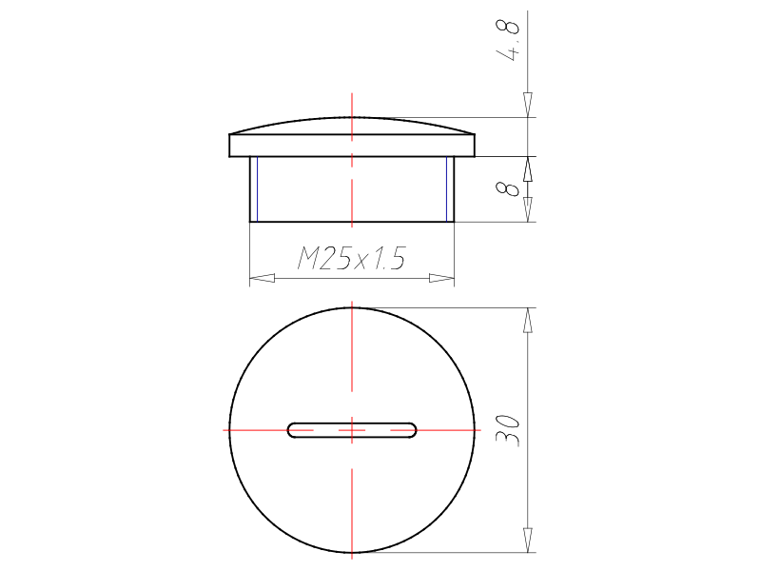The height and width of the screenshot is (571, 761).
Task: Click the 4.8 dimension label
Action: (508, 41)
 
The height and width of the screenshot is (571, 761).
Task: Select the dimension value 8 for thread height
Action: (508, 188)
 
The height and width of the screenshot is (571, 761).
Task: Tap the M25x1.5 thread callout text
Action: (351, 258)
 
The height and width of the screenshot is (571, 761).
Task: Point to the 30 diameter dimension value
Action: (508, 430)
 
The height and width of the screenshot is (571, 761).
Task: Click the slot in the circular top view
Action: (352, 430)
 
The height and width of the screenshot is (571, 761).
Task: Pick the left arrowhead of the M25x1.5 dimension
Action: (263, 278)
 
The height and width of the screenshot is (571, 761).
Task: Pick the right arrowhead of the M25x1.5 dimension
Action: (441, 278)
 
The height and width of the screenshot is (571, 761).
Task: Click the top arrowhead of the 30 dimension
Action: (528, 321)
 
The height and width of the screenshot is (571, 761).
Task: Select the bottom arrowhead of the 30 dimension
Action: (528, 540)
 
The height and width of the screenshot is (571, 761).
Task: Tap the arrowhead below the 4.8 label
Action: (528, 105)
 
